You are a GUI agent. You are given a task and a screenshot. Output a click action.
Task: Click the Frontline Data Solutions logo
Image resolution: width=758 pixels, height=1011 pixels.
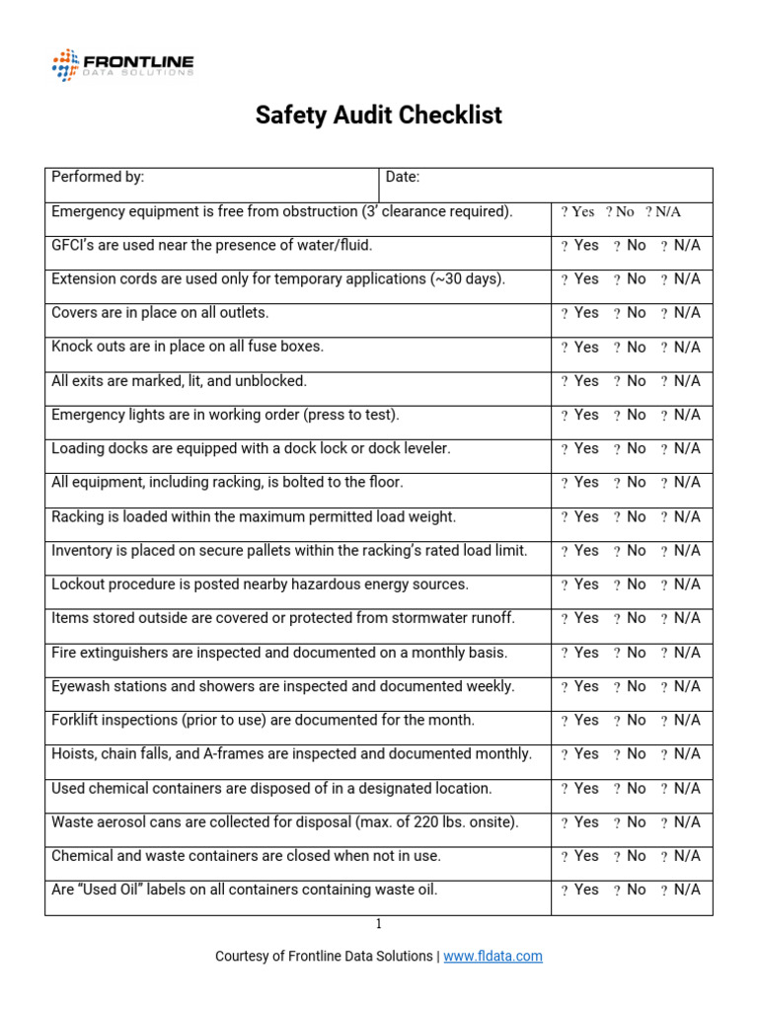tap(122, 65)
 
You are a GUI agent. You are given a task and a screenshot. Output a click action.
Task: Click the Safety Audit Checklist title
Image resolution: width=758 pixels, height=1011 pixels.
tap(378, 116)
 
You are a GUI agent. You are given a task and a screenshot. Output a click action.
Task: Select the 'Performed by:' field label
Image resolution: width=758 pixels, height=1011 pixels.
tap(98, 177)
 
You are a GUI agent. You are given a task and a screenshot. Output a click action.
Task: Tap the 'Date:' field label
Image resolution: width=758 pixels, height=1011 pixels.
tap(403, 177)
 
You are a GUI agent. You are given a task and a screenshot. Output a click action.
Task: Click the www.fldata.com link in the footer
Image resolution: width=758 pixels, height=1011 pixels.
tap(493, 956)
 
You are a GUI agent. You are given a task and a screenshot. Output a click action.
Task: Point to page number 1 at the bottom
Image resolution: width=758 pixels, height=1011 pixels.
tap(378, 924)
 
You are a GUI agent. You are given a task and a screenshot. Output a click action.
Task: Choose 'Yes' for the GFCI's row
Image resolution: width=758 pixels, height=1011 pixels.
tap(580, 246)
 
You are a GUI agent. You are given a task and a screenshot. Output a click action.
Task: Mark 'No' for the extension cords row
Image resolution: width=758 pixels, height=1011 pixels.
tap(631, 279)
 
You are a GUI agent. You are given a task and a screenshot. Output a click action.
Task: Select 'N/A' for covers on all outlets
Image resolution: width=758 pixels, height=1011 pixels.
tap(681, 313)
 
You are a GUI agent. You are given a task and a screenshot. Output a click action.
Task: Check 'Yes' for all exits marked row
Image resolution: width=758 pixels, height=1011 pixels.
tap(580, 381)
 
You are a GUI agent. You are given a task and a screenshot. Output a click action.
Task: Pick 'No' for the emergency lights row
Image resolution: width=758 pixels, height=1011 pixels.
tap(631, 415)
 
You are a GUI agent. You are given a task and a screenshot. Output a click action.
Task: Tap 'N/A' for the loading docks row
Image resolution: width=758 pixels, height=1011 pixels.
tap(681, 448)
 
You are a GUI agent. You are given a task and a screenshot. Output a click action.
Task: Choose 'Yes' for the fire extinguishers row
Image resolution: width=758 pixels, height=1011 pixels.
tap(580, 653)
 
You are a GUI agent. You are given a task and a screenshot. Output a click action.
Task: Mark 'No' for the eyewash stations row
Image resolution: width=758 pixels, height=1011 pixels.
tap(631, 686)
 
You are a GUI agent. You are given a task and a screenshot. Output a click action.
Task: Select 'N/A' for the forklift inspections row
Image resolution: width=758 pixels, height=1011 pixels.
tap(681, 720)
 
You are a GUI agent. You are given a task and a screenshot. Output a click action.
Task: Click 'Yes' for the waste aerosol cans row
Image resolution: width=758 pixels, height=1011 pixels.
tap(580, 821)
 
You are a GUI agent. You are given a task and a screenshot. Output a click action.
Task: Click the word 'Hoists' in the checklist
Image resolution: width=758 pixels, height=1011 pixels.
tap(72, 753)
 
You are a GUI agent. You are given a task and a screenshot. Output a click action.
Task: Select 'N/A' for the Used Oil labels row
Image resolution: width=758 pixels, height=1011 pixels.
tap(681, 890)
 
